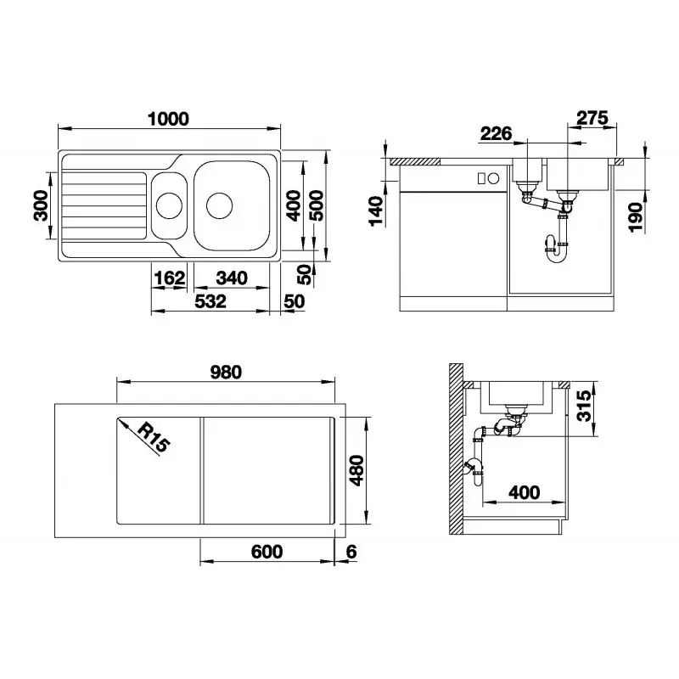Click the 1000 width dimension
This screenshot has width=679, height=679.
pos(168,119)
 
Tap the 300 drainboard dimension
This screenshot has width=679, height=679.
pos(42,205)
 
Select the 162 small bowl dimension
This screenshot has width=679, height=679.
pos(169,278)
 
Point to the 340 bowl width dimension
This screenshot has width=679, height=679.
pos(232,278)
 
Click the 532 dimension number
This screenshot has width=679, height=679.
pos(210,301)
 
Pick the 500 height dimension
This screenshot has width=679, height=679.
pos(317,205)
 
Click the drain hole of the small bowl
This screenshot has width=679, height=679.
pos(169,205)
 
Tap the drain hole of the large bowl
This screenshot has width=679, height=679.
pos(220,205)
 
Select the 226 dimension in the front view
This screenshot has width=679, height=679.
pos(497,133)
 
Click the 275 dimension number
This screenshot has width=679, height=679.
pos(592,118)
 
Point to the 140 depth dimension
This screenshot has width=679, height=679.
pos(376,210)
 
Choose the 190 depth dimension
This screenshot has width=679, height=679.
pos(636,217)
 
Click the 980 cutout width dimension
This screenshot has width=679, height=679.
pos(226,372)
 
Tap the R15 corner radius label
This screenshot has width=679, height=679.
pos(154,437)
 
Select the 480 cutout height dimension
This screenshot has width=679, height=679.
pos(356,470)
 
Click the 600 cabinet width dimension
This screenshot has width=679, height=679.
pos(267,551)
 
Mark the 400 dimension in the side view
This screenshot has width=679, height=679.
pos(525,492)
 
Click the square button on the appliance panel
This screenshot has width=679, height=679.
pos(481,178)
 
